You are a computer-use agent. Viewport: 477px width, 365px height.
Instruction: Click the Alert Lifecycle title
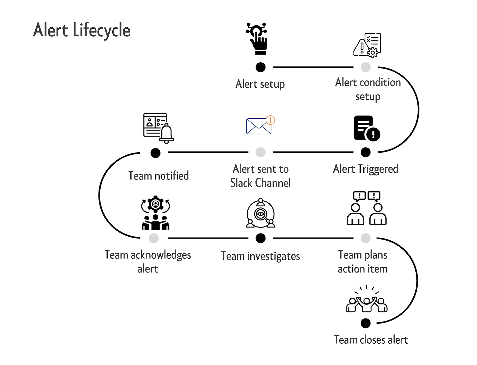click(x=82, y=30)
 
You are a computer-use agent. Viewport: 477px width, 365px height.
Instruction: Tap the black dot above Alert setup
click(x=260, y=67)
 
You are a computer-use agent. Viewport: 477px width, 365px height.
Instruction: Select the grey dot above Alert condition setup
click(x=365, y=67)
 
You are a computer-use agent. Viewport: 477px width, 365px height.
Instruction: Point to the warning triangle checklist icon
click(x=367, y=45)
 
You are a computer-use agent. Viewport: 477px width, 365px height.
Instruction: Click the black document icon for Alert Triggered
click(x=366, y=128)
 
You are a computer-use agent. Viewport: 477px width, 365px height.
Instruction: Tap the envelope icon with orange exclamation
click(x=259, y=126)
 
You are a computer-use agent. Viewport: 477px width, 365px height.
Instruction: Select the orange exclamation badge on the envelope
click(x=270, y=120)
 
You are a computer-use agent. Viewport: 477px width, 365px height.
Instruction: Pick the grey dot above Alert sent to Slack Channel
click(x=260, y=152)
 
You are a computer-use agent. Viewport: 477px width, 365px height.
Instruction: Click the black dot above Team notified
click(x=155, y=153)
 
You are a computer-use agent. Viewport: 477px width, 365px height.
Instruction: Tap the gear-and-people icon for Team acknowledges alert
click(x=156, y=213)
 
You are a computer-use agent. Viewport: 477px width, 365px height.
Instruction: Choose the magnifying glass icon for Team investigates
click(x=261, y=214)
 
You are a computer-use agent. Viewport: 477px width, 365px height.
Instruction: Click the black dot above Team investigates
click(x=260, y=238)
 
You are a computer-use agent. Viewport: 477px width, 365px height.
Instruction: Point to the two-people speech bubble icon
click(x=366, y=208)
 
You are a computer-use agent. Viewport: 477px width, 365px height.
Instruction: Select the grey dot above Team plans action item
click(x=365, y=238)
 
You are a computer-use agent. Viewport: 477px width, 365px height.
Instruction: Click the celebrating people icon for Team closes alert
click(x=366, y=300)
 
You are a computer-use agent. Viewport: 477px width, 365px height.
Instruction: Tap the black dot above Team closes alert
click(x=365, y=323)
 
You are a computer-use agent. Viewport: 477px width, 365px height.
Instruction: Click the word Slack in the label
click(x=241, y=183)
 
